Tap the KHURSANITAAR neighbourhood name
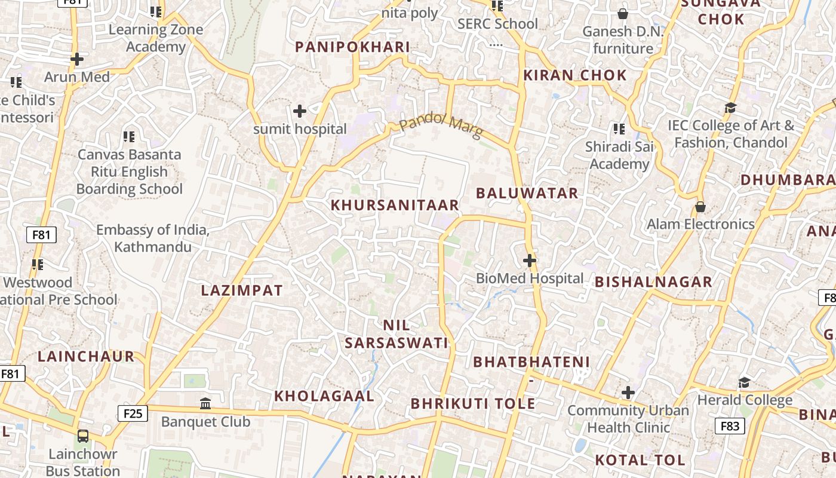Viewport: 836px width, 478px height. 395,205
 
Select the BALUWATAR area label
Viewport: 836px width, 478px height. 527,193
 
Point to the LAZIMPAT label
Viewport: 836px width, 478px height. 242,290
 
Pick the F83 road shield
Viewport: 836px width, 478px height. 729,426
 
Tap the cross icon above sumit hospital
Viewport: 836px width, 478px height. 300,111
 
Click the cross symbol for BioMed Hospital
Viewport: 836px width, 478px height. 529,261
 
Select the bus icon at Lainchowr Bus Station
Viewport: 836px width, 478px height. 83,436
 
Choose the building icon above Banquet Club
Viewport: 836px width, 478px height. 205,404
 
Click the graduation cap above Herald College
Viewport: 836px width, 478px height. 744,382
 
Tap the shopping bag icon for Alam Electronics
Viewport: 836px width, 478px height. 700,207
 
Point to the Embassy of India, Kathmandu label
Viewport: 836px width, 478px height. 153,238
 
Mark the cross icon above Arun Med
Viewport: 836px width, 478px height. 76,59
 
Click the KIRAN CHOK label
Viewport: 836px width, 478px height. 575,75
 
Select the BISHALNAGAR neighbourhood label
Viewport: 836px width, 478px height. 653,282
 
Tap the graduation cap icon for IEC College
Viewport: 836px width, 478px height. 730,108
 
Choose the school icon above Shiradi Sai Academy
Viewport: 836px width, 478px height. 619,128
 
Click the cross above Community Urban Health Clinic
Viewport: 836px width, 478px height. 628,393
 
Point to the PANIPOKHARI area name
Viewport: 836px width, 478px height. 352,47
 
